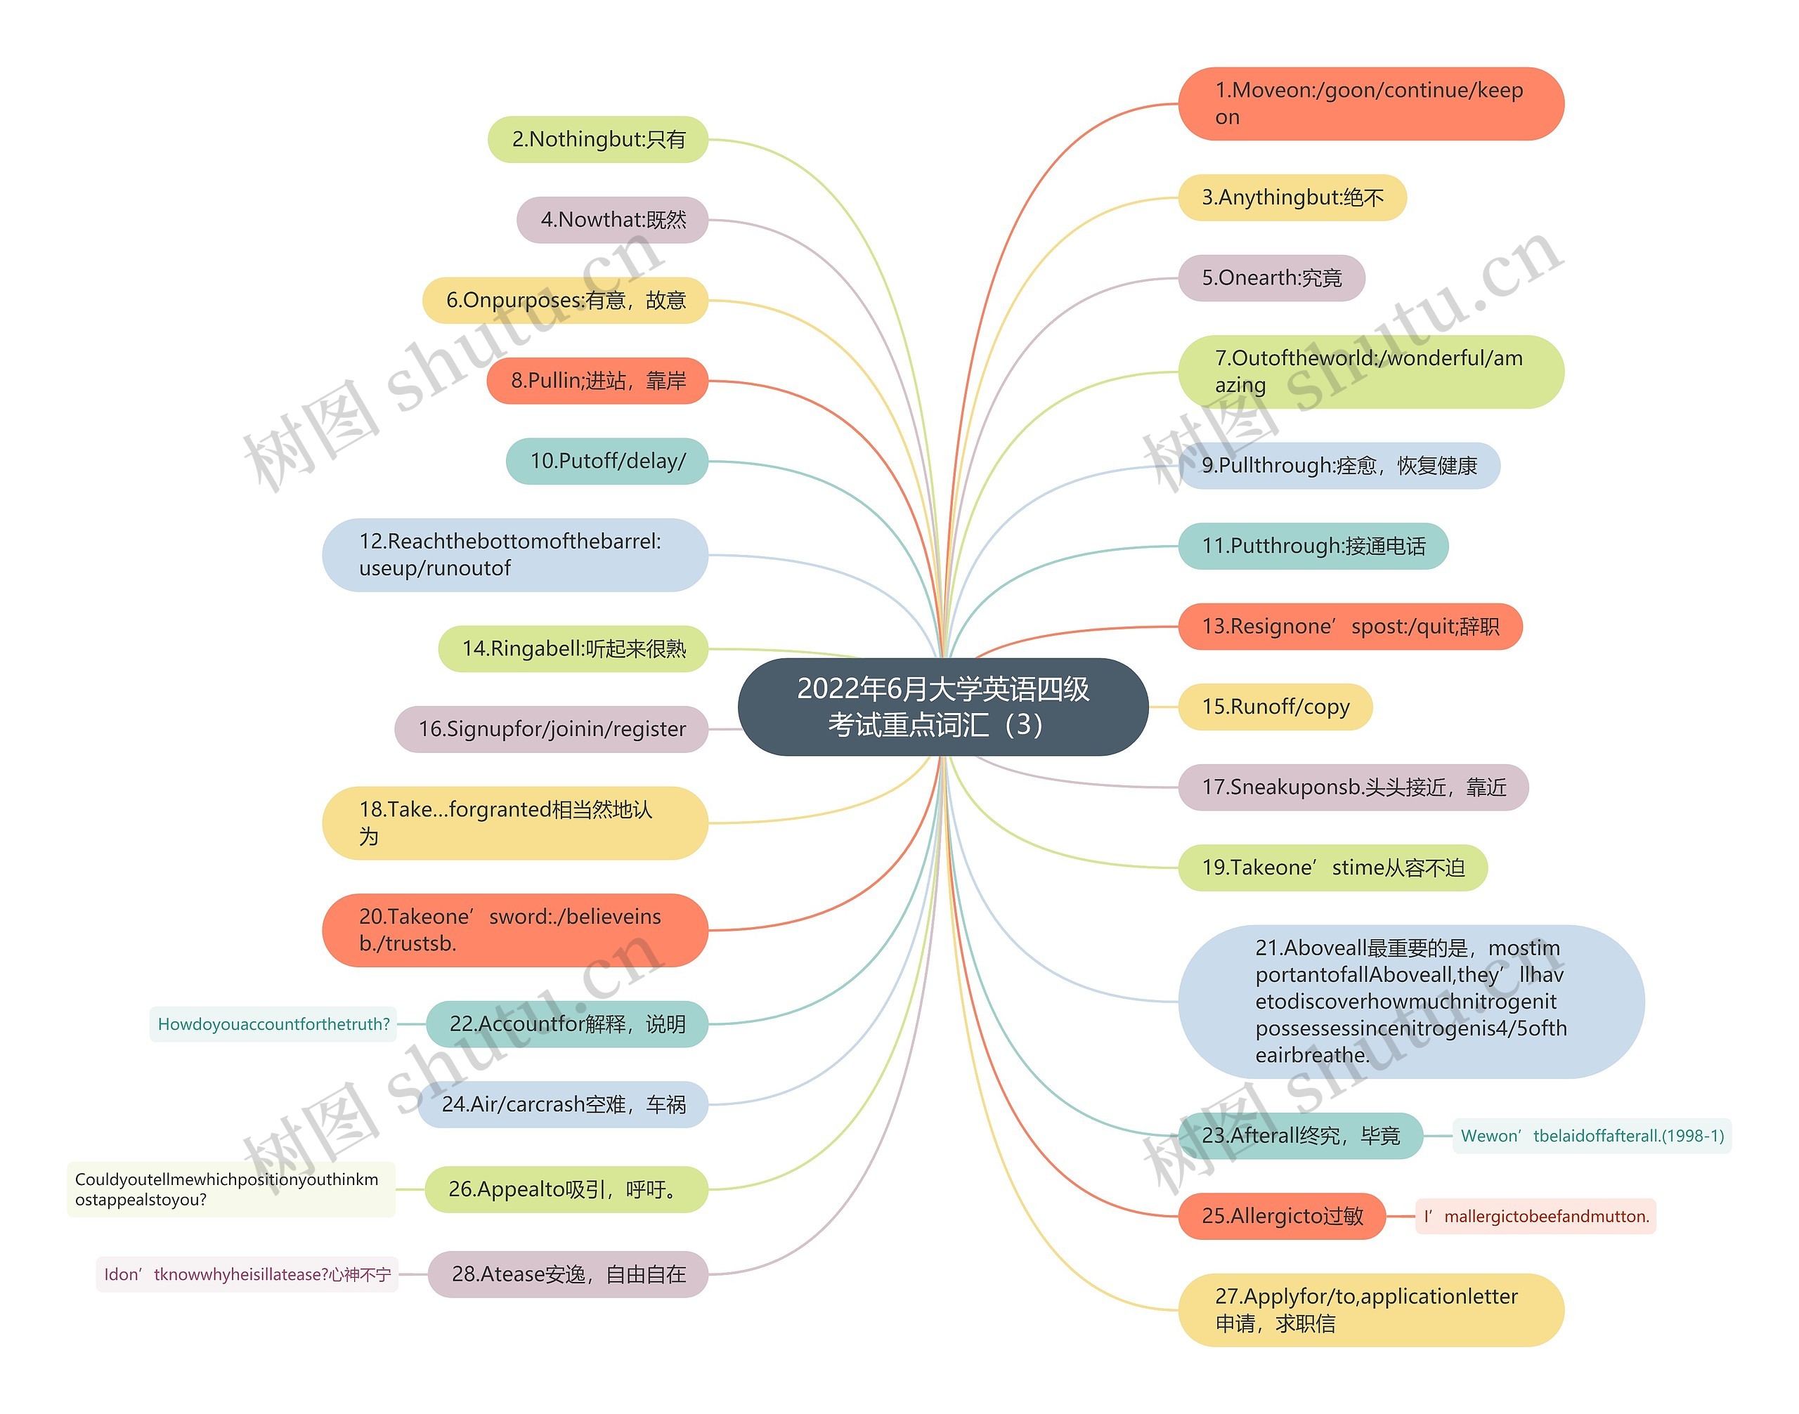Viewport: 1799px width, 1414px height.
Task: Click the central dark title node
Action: (942, 706)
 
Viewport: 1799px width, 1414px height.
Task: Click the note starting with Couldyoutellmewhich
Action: (231, 1190)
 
